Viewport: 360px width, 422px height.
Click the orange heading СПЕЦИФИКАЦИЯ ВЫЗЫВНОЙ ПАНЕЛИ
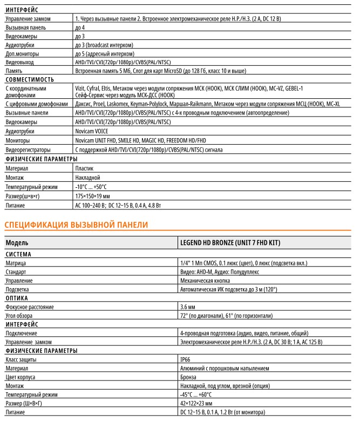(x=76, y=223)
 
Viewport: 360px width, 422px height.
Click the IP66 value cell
(x=185, y=358)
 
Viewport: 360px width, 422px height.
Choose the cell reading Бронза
(x=189, y=377)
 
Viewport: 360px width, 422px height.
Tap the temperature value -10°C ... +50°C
(x=91, y=187)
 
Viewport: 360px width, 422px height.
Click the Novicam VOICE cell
(x=94, y=131)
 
